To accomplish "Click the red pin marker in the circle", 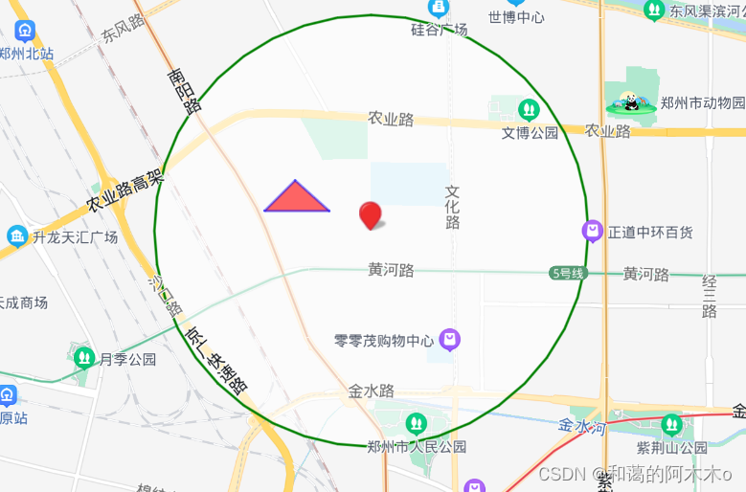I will pos(370,215).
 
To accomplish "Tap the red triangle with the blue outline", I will pos(297,198).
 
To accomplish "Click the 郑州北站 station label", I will pos(28,54).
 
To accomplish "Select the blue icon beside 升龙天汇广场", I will pos(16,235).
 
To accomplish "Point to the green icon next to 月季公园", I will pos(84,359).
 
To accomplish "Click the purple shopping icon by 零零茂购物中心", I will pos(450,339).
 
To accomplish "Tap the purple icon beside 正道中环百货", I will pos(593,231).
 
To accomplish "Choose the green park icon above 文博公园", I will pos(529,110).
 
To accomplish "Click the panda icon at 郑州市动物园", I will pos(628,102).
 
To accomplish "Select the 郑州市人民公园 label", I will pos(417,446).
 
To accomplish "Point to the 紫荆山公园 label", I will pos(672,447).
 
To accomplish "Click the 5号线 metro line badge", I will pos(567,273).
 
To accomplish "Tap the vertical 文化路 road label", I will pos(453,207).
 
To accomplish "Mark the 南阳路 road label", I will pos(184,91).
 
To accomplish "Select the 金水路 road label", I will pos(372,391).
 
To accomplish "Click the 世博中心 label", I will pos(516,17).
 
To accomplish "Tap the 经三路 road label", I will pos(710,296).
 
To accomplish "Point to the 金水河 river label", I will pos(582,426).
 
